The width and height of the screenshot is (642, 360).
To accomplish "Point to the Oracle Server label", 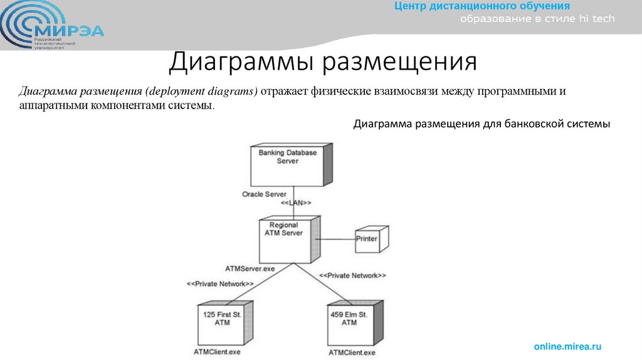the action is click(264, 194).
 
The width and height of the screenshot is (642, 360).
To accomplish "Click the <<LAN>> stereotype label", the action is click(296, 203).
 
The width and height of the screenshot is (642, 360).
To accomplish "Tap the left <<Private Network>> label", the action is click(219, 283).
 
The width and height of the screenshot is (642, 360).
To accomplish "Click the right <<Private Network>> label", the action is click(352, 275).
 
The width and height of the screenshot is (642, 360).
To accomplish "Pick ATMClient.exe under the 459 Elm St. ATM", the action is click(352, 353).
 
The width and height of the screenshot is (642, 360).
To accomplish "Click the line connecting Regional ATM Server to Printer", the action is click(335, 238).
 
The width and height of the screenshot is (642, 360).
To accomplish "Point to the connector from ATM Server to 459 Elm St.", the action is click(326, 286).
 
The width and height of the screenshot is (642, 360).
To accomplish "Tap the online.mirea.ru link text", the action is click(567, 346).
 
